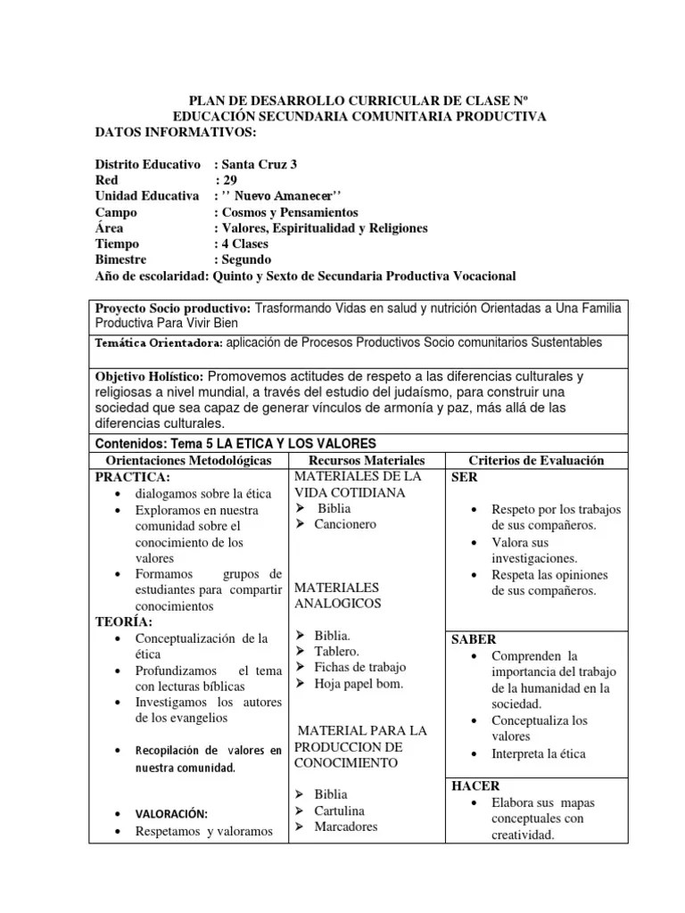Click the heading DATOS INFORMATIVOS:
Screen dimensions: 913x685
coord(176,133)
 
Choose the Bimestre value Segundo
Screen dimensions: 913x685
coord(246,259)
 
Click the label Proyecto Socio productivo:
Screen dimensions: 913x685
coord(174,308)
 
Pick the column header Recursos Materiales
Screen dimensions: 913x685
coord(367,460)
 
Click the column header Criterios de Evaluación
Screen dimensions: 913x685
coord(537,460)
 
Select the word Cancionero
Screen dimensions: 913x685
coord(345,524)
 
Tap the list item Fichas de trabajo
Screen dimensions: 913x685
coord(359,668)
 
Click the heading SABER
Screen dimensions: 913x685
coord(475,639)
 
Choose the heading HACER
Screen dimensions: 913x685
coord(475,786)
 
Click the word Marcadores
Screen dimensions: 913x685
coord(345,827)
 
